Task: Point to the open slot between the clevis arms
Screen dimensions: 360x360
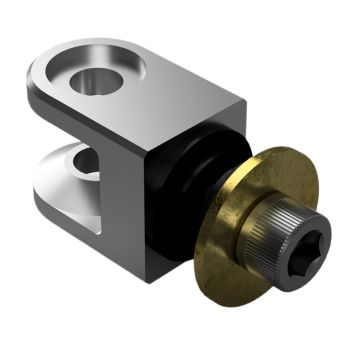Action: pyautogui.click(x=60, y=135)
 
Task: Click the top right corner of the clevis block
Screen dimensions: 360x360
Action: pyautogui.click(x=244, y=104)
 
